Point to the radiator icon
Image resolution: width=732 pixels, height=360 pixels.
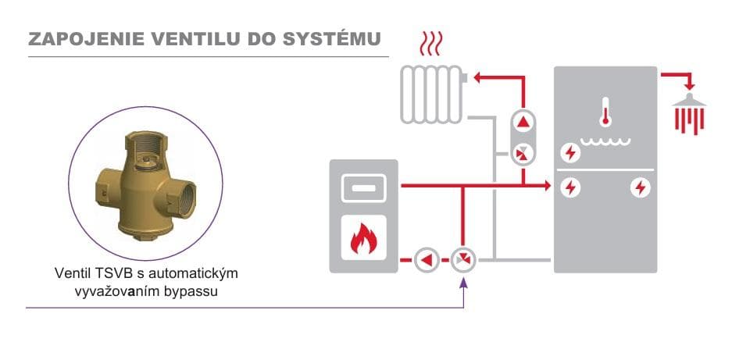point(433,94)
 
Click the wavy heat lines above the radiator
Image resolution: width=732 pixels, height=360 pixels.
point(430,44)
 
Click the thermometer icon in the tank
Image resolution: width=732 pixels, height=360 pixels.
point(605,112)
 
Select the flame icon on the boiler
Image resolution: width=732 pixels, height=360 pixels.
point(364,237)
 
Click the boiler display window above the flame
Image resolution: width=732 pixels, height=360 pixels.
point(364,187)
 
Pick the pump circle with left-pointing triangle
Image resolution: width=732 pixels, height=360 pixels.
point(427,259)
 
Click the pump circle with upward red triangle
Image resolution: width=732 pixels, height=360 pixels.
point(523,123)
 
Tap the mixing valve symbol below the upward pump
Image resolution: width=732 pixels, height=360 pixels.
point(523,153)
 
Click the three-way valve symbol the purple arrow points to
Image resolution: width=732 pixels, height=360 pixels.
point(463,259)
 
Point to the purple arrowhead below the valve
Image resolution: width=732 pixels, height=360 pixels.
point(463,282)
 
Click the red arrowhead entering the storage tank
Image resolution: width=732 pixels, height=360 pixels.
point(547,185)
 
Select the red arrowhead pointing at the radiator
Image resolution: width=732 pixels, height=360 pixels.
point(477,77)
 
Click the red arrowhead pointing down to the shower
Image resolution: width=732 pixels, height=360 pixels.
point(689,87)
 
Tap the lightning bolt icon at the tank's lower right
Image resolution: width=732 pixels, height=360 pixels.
point(640,187)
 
